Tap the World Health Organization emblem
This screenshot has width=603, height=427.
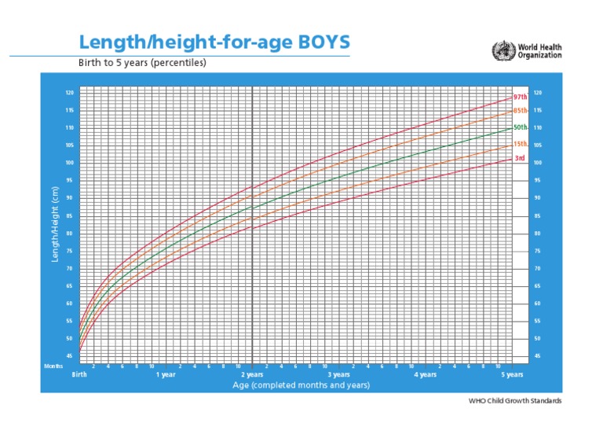coord(500,51)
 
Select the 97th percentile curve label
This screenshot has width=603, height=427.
coord(519,98)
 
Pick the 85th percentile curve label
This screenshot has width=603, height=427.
coord(519,111)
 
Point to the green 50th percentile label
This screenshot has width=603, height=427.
coord(520,127)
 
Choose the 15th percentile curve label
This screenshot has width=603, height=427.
coord(520,145)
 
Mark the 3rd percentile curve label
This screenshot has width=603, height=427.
coord(520,158)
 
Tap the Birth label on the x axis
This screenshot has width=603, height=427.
coord(79,375)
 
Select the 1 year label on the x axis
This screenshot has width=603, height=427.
coord(166,375)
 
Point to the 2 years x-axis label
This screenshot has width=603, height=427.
coord(252,375)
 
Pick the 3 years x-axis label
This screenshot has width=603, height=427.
coord(338,375)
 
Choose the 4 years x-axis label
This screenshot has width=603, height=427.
coord(425,375)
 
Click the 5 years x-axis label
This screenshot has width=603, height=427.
coord(512,375)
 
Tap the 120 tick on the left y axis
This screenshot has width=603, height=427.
coord(69,93)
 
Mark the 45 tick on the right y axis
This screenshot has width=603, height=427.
coord(537,356)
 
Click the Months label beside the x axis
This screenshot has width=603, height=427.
coord(53,366)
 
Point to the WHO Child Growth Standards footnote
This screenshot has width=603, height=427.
coord(515,401)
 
